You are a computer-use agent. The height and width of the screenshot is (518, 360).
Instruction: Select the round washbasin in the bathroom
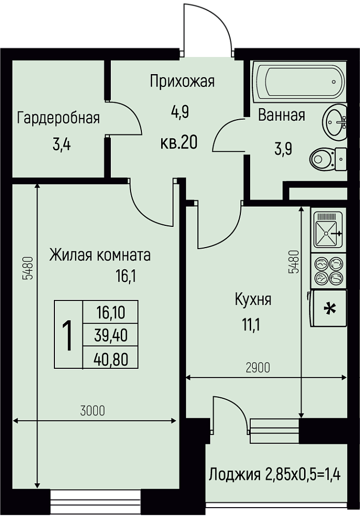coord(334,121)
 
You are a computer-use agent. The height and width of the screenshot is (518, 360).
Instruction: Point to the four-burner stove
coord(328,271)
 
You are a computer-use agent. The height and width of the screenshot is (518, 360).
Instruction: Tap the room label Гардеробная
coord(59,118)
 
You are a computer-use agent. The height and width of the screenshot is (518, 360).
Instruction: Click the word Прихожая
coord(182,81)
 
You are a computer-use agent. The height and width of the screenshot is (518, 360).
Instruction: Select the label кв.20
coord(179,143)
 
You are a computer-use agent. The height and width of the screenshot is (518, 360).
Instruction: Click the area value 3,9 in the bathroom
coord(283,150)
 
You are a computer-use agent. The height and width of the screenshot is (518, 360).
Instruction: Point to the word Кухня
coord(253,300)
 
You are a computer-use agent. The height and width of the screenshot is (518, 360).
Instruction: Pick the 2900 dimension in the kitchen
coord(258,367)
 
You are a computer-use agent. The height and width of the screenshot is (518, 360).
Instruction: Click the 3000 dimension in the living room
coord(93,411)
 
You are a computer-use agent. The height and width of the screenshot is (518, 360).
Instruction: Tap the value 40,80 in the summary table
coord(111,359)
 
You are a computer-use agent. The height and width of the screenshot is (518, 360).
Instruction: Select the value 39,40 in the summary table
coord(111,336)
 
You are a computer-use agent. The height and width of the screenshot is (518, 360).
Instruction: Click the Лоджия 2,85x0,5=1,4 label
coord(275,475)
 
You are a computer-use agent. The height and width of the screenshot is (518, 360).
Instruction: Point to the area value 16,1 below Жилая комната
coord(126,276)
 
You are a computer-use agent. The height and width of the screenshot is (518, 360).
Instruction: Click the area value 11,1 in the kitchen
coord(251,325)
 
